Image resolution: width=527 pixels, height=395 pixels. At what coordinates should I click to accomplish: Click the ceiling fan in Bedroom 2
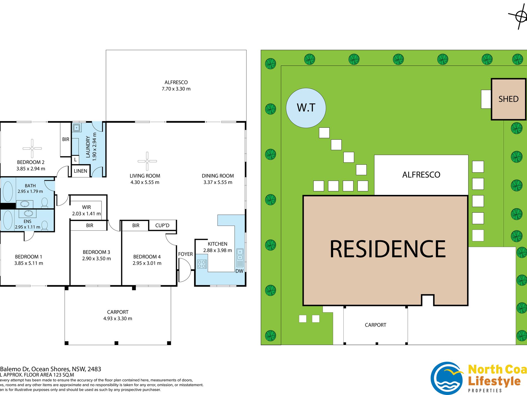pyautogui.click(x=32, y=149)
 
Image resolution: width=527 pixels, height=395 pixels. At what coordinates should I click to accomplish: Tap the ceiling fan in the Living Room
pyautogui.click(x=147, y=161)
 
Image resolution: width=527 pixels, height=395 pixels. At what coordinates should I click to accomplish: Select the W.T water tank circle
pyautogui.click(x=306, y=108)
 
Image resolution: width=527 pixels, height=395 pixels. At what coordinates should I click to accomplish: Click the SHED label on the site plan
pyautogui.click(x=508, y=99)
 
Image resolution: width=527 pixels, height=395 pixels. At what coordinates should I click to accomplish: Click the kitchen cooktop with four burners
pyautogui.click(x=202, y=264)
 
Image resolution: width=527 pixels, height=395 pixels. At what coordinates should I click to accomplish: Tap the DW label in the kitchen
pyautogui.click(x=239, y=271)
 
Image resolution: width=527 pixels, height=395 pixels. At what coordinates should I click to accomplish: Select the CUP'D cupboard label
pyautogui.click(x=162, y=225)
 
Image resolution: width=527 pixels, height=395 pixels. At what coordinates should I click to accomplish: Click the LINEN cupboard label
pyautogui.click(x=80, y=171)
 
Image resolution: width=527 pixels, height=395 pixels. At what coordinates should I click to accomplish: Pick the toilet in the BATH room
pyautogui.click(x=44, y=203)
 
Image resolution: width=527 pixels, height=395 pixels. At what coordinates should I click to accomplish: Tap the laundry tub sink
pyautogui.click(x=77, y=128)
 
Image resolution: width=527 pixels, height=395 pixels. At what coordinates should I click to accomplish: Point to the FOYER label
pyautogui.click(x=185, y=254)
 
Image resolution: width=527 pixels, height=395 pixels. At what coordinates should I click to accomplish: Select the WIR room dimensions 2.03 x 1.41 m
pyautogui.click(x=86, y=214)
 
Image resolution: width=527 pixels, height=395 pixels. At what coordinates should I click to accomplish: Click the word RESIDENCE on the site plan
pyautogui.click(x=387, y=249)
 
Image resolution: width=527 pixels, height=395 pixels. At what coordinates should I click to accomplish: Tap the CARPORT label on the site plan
pyautogui.click(x=375, y=325)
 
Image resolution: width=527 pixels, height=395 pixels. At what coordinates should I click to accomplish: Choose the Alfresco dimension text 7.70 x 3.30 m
pyautogui.click(x=176, y=89)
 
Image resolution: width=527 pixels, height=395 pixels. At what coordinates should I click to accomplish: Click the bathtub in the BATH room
pyautogui.click(x=8, y=191)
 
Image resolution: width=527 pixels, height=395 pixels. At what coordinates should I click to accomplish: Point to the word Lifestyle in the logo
pyautogui.click(x=494, y=381)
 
